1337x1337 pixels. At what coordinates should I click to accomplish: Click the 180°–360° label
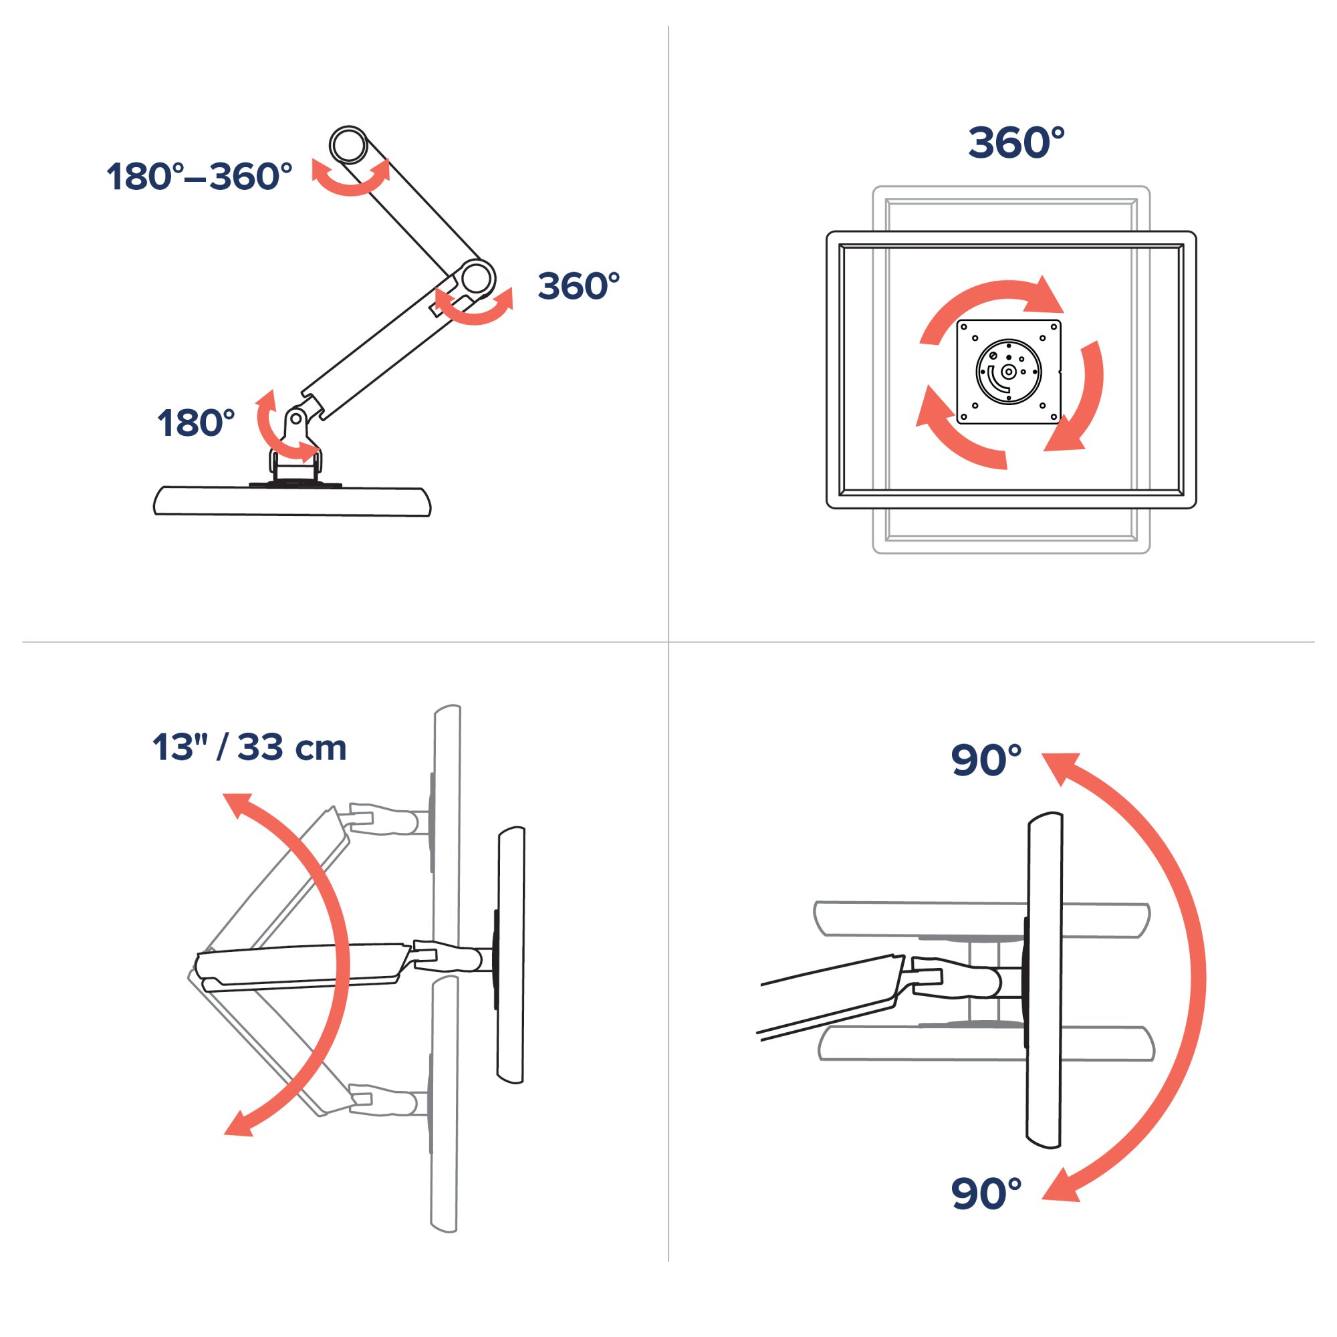tap(199, 176)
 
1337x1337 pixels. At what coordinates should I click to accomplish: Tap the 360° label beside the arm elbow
tap(578, 286)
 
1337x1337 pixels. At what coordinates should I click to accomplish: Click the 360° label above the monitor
tap(1016, 142)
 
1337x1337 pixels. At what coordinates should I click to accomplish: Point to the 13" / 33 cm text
tap(249, 747)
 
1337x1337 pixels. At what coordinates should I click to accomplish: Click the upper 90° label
tap(986, 760)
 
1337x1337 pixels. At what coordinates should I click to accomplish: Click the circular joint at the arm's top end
tap(348, 144)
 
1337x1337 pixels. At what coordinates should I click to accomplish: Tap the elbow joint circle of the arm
tap(476, 278)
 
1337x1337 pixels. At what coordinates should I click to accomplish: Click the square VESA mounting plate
tap(1008, 372)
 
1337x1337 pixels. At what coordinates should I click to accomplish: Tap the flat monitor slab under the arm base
tap(291, 501)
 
